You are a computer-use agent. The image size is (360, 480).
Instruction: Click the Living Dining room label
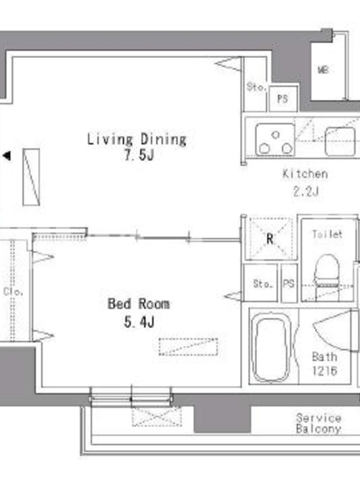point(137,139)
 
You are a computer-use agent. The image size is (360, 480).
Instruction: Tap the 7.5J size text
point(139,155)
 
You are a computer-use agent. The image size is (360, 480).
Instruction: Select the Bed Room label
point(139,304)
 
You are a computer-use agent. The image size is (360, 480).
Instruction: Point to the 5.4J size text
point(139,322)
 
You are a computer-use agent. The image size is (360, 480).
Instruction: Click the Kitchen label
point(305,174)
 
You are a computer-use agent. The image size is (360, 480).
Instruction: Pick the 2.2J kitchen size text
point(306,191)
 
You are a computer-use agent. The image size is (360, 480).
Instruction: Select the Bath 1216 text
point(325,364)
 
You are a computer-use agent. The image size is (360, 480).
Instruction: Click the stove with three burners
point(275,140)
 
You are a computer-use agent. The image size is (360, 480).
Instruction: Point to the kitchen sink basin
point(340,142)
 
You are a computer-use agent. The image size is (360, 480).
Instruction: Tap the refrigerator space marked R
point(270,238)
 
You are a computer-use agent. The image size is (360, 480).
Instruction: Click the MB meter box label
point(323,70)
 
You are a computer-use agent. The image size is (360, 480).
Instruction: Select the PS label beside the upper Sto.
point(283,99)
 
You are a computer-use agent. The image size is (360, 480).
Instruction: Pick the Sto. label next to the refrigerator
point(263,284)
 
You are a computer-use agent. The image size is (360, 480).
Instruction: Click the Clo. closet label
point(13,292)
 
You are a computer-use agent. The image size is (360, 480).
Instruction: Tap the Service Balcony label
point(319,423)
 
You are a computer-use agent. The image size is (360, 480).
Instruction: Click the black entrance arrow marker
point(7,156)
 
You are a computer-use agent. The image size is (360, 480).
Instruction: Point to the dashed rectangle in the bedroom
point(188,347)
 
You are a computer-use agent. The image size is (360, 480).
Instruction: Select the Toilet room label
point(327,234)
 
